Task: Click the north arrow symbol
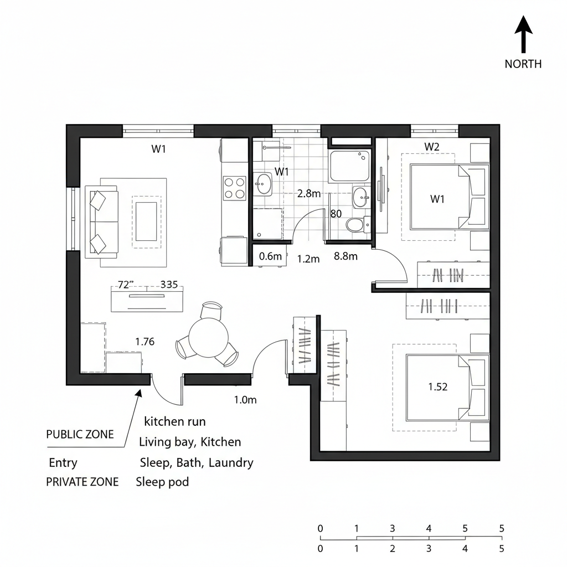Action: (x=523, y=34)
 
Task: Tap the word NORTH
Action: (x=523, y=64)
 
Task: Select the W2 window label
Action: (x=432, y=147)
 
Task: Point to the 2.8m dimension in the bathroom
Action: (x=309, y=194)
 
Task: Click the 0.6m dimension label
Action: (x=271, y=256)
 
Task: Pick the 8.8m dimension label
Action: (x=346, y=256)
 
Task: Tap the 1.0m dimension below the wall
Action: (x=245, y=400)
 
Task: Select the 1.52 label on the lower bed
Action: (x=437, y=387)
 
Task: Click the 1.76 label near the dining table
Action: (x=145, y=342)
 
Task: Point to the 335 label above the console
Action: (x=169, y=285)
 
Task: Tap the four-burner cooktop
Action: (x=234, y=187)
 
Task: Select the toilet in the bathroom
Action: (x=354, y=224)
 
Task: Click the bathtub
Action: (x=349, y=166)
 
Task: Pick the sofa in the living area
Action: (x=103, y=221)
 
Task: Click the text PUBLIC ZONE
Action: (x=80, y=435)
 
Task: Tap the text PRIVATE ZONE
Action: (x=82, y=482)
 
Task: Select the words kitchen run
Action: (x=174, y=421)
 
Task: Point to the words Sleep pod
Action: (x=162, y=482)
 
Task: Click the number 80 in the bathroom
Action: (x=336, y=214)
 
